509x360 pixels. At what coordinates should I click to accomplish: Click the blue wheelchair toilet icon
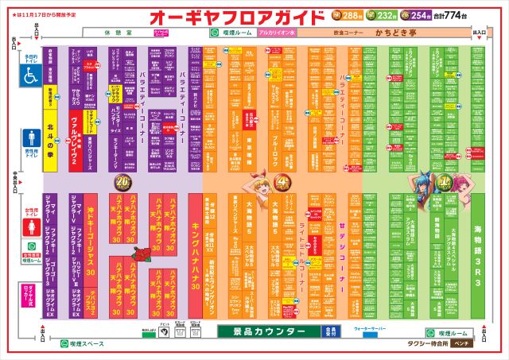[31, 75]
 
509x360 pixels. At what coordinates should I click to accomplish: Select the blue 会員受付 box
[332, 331]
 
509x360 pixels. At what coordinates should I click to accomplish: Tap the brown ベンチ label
[460, 344]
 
